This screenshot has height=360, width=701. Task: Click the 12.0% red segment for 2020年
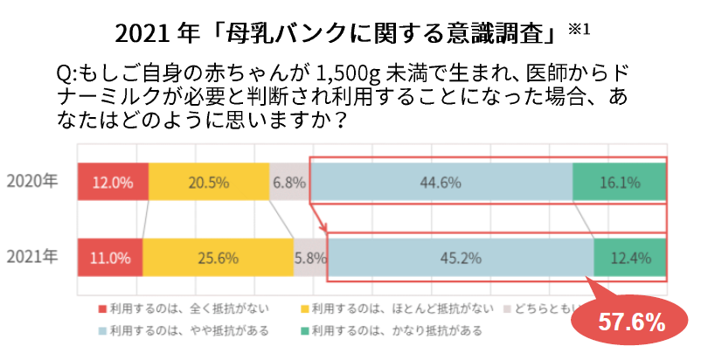coord(113,183)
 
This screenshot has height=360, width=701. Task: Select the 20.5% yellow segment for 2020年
coord(208,183)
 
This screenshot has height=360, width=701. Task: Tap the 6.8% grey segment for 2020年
coord(288,183)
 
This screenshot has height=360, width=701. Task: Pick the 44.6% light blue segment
coord(441,183)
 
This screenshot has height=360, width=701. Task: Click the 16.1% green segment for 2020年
coord(619,183)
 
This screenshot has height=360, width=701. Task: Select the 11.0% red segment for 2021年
coord(110,258)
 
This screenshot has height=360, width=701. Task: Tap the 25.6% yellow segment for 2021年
coord(218,258)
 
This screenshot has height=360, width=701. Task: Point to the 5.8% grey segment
coord(310,258)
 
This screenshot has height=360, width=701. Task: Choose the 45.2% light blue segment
coord(460,258)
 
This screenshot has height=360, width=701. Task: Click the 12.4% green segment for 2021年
coord(629,258)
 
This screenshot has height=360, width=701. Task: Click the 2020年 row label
coord(32,183)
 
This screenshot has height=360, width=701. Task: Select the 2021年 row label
coord(32,257)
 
